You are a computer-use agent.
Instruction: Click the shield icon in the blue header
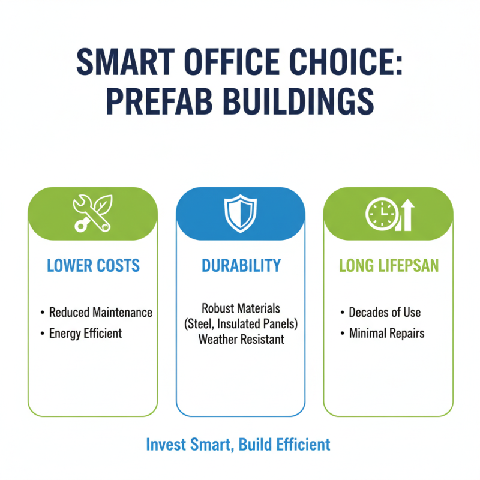[240, 213]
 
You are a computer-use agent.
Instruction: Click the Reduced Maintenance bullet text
[100, 313]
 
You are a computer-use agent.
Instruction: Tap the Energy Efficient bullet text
[85, 333]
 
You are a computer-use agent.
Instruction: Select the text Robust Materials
[241, 309]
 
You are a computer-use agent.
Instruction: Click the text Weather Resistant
[241, 339]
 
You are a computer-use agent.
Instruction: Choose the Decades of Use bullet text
[385, 313]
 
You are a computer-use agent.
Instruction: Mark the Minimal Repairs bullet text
[386, 333]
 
